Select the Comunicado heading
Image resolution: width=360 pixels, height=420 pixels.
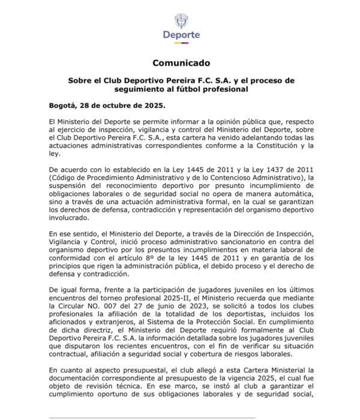coord(180,62)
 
